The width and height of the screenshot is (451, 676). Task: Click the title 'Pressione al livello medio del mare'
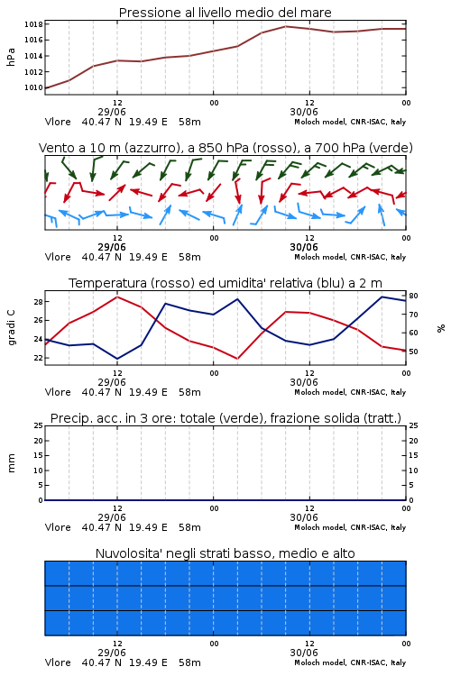click(x=225, y=13)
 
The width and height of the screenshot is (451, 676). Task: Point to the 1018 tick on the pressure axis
click(x=33, y=24)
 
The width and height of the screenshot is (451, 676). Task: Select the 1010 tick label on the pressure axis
click(x=33, y=87)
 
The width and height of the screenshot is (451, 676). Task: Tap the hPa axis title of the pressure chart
click(x=11, y=57)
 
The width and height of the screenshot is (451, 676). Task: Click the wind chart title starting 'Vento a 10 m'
click(x=225, y=148)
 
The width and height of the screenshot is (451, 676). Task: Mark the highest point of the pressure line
click(x=285, y=26)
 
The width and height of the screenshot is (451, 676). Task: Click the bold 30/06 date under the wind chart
click(x=304, y=247)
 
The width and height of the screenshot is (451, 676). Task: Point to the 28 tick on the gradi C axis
click(x=39, y=302)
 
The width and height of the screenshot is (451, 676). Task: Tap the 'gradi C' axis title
click(x=11, y=328)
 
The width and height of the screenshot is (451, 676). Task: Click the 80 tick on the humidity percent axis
click(x=413, y=296)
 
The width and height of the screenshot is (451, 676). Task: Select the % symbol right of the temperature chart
click(x=441, y=328)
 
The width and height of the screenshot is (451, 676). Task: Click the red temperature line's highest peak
click(x=117, y=297)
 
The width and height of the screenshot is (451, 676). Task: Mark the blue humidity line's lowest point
click(x=117, y=359)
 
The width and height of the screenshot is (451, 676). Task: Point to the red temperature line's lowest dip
click(x=237, y=359)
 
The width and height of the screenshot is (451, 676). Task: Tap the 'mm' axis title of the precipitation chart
click(x=11, y=463)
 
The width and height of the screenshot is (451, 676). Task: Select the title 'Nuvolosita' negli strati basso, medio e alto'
click(x=225, y=553)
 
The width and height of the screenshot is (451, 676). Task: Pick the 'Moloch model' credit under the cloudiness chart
click(x=320, y=662)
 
